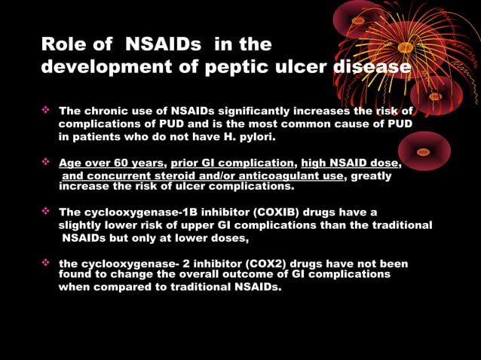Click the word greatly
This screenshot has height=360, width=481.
tap(372, 175)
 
